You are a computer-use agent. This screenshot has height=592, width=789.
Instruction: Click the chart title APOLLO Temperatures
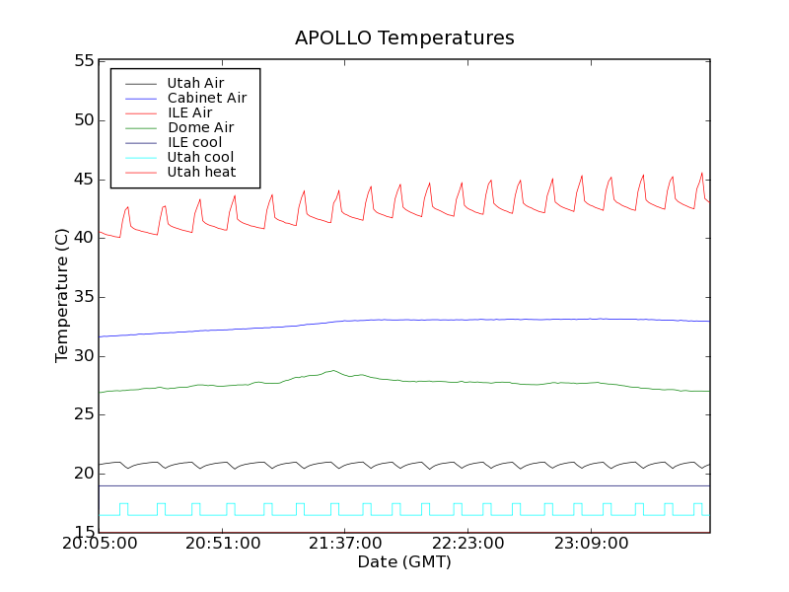[404, 38]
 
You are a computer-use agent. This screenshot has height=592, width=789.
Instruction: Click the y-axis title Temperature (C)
[62, 296]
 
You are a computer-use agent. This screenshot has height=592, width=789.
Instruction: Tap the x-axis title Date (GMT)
[404, 562]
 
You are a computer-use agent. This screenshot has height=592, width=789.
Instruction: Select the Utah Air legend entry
[195, 83]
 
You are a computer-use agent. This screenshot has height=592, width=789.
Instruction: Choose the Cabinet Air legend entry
[206, 98]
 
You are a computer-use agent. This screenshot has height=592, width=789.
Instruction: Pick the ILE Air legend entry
[189, 112]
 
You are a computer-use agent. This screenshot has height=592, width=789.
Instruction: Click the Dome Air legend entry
[200, 127]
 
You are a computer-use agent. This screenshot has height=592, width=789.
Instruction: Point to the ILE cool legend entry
[194, 142]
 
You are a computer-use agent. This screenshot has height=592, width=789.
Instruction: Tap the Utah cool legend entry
[200, 157]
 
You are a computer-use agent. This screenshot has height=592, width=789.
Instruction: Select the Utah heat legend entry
[199, 172]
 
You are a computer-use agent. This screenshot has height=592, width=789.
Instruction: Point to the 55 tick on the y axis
[82, 61]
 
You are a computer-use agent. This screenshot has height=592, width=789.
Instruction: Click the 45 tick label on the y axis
[82, 180]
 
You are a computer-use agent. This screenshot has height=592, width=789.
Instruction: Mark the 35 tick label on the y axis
[82, 297]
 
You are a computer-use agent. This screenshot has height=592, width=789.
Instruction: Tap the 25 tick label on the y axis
[82, 415]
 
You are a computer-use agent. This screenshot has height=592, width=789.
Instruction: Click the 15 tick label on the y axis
[82, 533]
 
